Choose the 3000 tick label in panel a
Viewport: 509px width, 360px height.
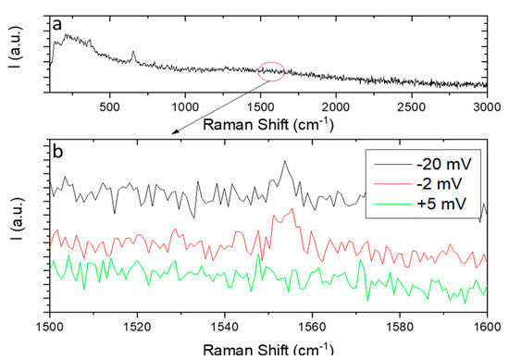488,106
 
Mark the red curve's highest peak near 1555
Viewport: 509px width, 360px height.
293,209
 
